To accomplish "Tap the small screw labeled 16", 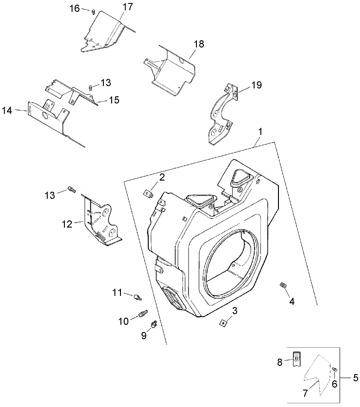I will (x=94, y=12).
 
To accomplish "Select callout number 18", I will (x=199, y=44).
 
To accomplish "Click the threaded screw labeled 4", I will (x=284, y=286).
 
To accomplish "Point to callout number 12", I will (x=67, y=224).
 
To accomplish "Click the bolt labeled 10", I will (x=143, y=315).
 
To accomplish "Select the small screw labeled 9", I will (x=156, y=323).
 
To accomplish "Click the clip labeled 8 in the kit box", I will (x=297, y=358).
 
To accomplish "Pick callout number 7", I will (x=305, y=394).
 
